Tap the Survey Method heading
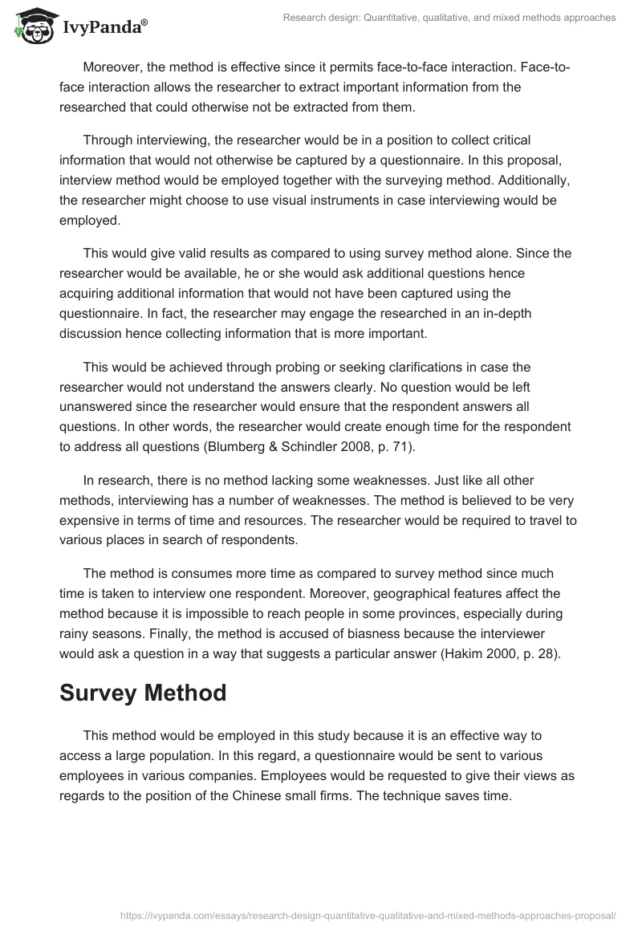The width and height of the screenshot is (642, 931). click(143, 693)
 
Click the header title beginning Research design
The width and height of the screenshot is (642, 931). click(449, 18)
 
